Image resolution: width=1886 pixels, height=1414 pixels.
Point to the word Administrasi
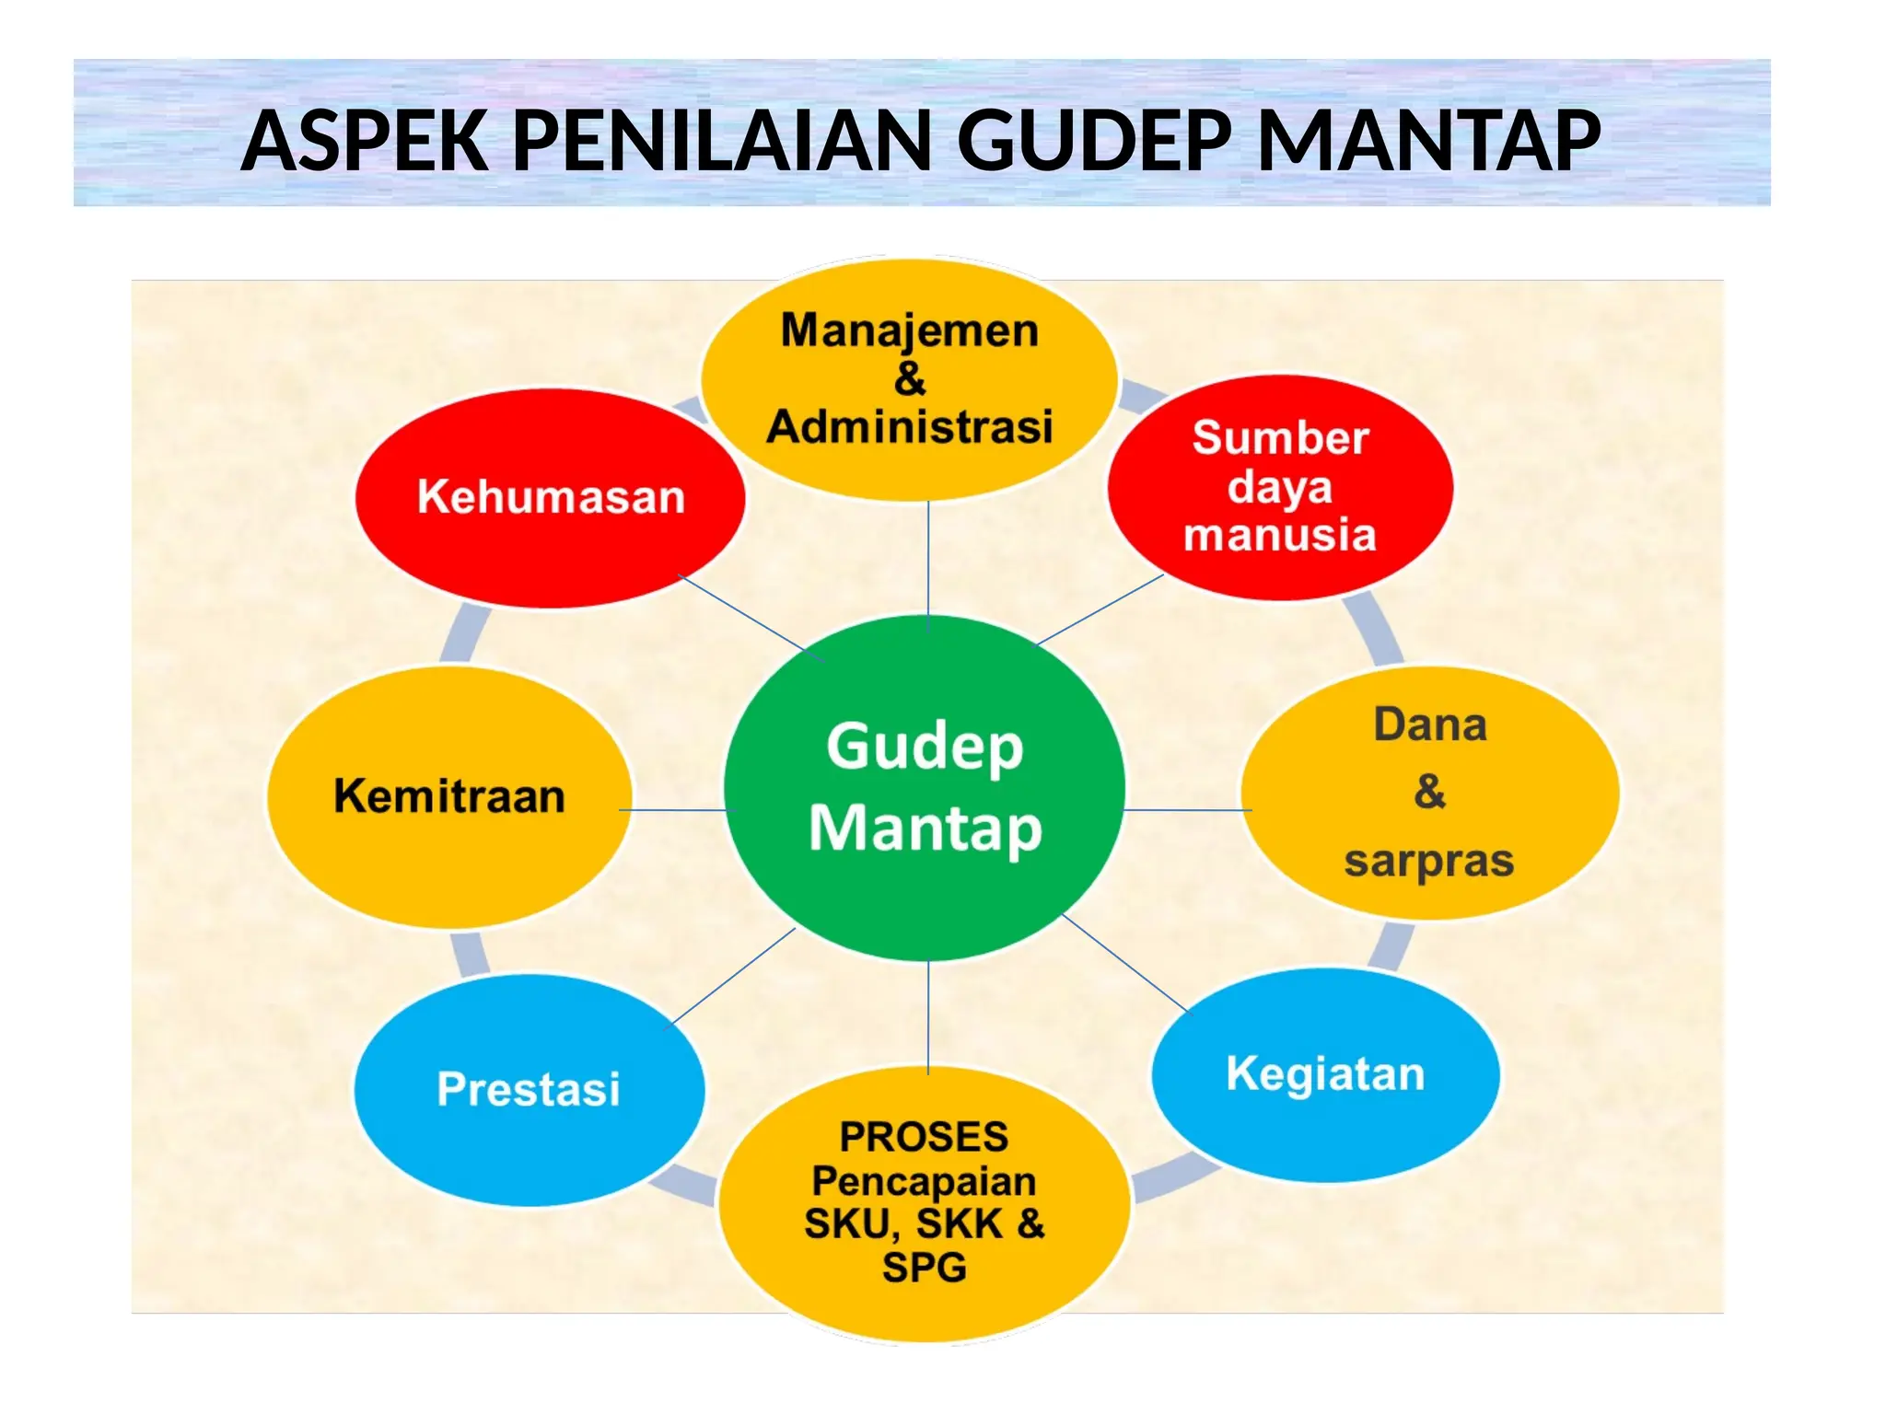click(910, 428)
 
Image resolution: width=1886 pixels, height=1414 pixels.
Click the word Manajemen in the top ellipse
click(910, 330)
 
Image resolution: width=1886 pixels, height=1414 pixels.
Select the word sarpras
click(1428, 862)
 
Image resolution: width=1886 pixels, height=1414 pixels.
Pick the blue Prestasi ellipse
click(529, 1142)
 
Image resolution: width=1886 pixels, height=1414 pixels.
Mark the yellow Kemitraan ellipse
click(449, 856)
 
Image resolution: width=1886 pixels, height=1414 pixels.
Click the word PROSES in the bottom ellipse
click(924, 1137)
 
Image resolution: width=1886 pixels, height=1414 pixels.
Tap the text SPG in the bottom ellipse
click(924, 1269)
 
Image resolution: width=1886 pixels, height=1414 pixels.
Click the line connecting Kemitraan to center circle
click(672, 810)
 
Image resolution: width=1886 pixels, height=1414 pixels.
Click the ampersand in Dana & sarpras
click(1430, 792)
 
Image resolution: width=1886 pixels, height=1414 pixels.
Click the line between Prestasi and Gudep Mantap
click(732, 977)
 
